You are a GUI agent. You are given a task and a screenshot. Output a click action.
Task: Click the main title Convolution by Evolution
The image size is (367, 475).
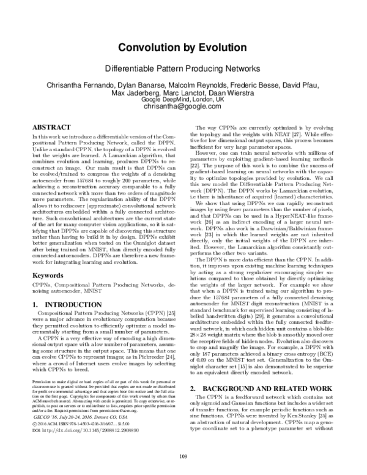[x=183, y=48]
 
